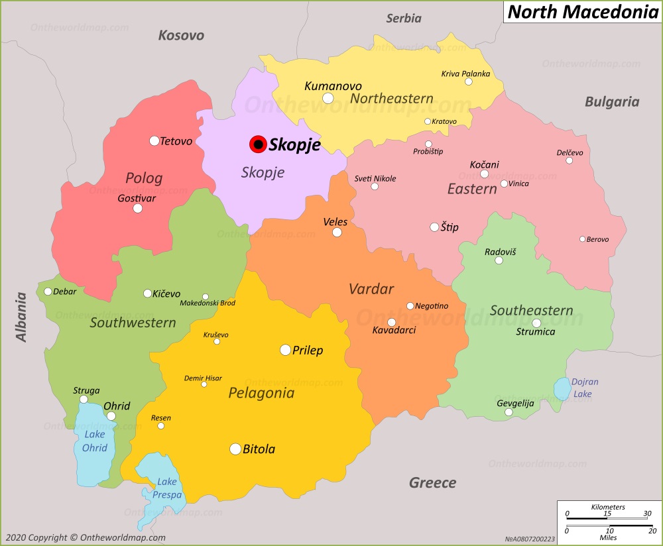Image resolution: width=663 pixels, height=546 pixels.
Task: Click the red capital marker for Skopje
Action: [x=257, y=144]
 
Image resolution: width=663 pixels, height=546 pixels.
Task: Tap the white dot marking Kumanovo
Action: [x=328, y=99]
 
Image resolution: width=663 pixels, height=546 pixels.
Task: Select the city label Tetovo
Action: [x=176, y=141]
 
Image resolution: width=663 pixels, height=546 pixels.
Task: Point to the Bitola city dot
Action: [x=235, y=449]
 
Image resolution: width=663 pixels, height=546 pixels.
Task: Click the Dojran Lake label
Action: [x=585, y=388]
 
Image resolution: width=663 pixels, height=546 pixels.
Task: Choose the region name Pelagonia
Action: [x=261, y=393]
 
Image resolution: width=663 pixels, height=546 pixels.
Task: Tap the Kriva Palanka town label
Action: [x=465, y=74]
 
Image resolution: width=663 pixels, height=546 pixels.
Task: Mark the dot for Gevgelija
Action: [x=509, y=412]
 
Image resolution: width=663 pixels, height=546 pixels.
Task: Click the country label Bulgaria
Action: [x=611, y=101]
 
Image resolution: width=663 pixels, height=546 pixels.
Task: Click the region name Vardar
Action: [x=371, y=289]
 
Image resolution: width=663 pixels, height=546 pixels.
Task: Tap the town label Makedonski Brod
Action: [x=208, y=303]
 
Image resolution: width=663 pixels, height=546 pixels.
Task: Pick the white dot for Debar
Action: [x=48, y=292]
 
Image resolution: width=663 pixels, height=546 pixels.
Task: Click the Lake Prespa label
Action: [x=167, y=488]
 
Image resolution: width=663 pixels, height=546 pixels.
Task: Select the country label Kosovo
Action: [x=181, y=35]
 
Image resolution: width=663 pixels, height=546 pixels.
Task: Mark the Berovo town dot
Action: [x=582, y=239]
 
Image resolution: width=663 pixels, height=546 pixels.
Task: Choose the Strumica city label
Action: [x=535, y=331]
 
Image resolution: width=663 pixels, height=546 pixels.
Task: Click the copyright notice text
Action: [x=84, y=537]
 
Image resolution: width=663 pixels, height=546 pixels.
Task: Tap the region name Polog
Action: [x=144, y=178]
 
